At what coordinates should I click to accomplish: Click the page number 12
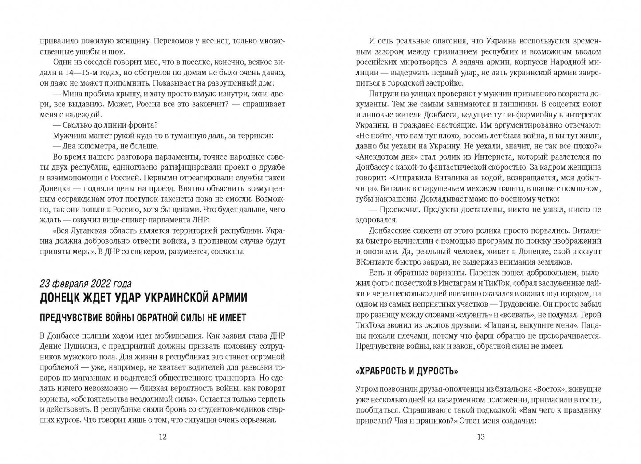point(162,437)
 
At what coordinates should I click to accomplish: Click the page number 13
point(480,437)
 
